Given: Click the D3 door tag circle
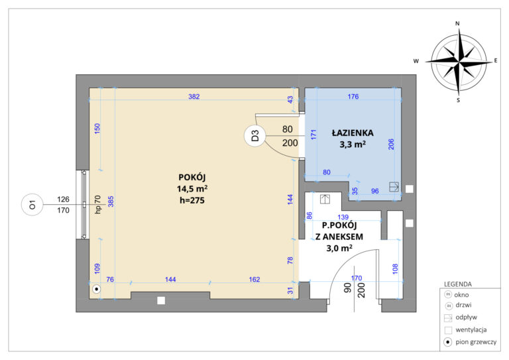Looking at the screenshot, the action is [255, 135].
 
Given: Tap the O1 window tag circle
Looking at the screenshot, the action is [32, 205].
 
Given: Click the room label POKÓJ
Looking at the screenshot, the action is [192, 177].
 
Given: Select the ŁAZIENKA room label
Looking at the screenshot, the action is [353, 133].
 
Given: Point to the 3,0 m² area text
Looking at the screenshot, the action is [339, 248].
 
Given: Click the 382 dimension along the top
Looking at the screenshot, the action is [194, 96].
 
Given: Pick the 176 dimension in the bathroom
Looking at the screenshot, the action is [353, 96].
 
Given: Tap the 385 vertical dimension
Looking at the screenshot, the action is [111, 202].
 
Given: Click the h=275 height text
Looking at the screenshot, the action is [192, 200].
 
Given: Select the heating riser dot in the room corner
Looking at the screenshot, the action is [96, 289].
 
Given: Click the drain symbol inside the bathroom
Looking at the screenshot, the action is [394, 187].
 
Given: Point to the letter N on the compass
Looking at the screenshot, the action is [458, 23].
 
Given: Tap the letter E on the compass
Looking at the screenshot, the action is [496, 60].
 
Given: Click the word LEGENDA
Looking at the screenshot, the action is [458, 284].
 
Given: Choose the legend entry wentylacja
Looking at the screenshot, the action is [471, 330].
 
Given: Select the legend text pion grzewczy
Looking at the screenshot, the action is [476, 342].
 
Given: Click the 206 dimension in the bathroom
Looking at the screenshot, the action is [391, 144].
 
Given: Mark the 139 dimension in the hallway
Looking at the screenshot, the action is [343, 217].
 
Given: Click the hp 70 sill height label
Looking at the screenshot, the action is [97, 204].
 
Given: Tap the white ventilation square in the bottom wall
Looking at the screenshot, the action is [161, 300].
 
